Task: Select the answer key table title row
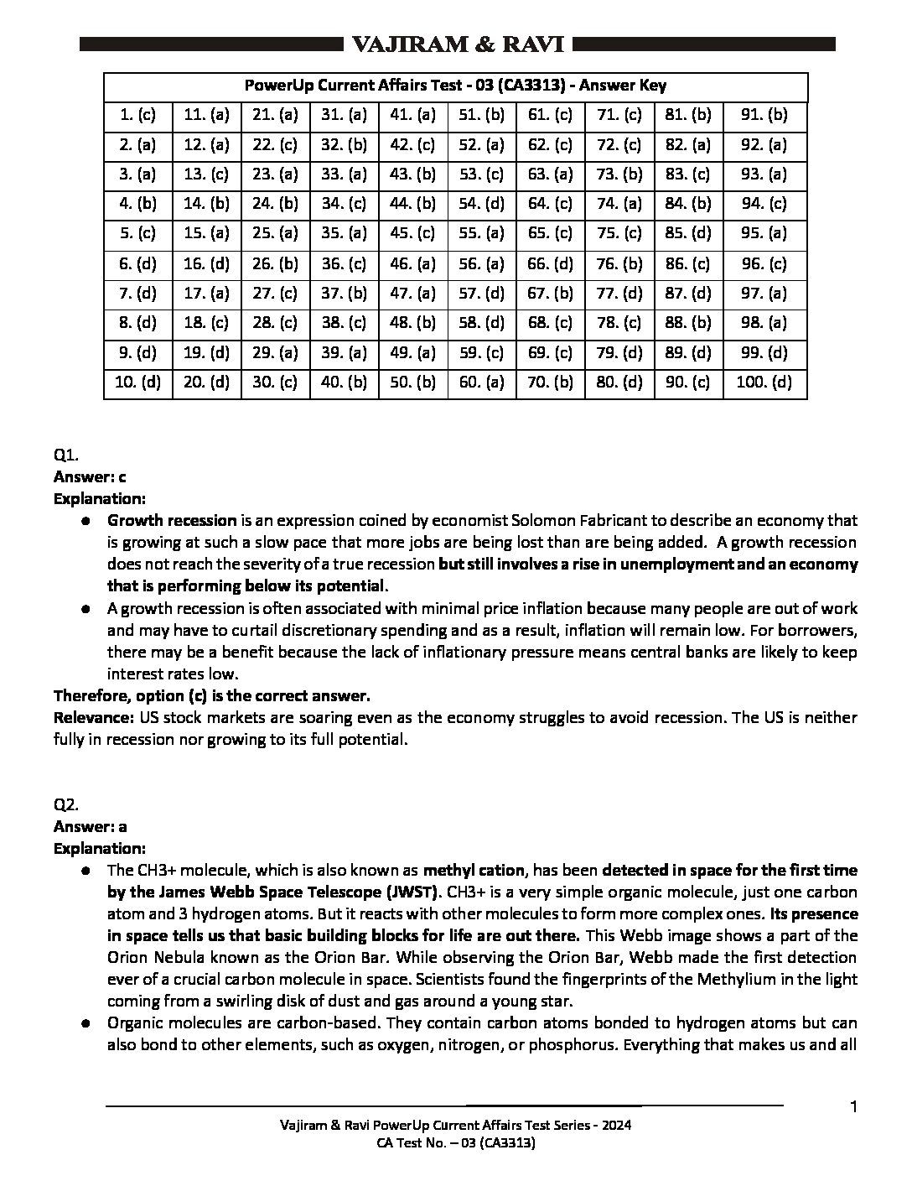[455, 86]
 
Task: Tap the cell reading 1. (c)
[137, 116]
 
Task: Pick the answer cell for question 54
[482, 204]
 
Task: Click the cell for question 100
[764, 383]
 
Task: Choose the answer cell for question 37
[345, 294]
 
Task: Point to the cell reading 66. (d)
[551, 264]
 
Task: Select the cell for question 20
[206, 383]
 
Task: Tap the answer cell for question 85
[687, 234]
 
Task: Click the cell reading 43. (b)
[413, 174]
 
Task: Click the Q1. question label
[65, 455]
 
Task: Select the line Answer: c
[90, 477]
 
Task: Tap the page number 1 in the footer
[853, 1108]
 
